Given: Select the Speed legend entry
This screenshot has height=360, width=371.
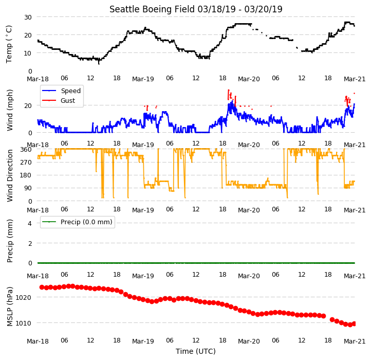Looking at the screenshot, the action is pyautogui.click(x=62, y=91).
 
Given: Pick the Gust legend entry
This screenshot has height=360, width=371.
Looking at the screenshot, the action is pyautogui.click(x=59, y=100).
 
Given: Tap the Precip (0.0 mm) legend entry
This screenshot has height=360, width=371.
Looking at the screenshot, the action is pyautogui.click(x=77, y=222).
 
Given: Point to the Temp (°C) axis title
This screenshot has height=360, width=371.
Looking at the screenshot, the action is pyautogui.click(x=9, y=44).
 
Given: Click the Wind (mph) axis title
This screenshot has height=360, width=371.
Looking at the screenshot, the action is pyautogui.click(x=9, y=110).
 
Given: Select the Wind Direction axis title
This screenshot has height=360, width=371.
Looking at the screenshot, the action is pyautogui.click(x=9, y=175).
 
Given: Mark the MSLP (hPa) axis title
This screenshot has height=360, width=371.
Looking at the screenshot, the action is pyautogui.click(x=9, y=307).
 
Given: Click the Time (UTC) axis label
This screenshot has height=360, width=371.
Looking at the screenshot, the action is pyautogui.click(x=196, y=351).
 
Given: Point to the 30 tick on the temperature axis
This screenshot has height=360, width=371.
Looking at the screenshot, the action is pyautogui.click(x=28, y=17).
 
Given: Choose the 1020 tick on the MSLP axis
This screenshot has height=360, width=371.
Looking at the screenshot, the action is pyautogui.click(x=24, y=297).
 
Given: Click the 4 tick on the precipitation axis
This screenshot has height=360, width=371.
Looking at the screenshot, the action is pyautogui.click(x=30, y=223).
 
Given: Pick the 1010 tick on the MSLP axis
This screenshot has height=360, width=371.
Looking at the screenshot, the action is pyautogui.click(x=24, y=323).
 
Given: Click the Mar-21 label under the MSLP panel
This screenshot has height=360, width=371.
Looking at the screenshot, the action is pyautogui.click(x=355, y=341).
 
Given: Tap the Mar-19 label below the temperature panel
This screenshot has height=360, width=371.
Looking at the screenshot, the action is pyautogui.click(x=143, y=79).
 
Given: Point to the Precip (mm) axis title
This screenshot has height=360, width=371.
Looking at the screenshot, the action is pyautogui.click(x=9, y=241).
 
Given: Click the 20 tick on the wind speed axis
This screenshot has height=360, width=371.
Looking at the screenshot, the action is pyautogui.click(x=28, y=105).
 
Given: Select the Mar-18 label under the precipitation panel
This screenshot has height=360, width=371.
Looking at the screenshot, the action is pyautogui.click(x=38, y=276).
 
